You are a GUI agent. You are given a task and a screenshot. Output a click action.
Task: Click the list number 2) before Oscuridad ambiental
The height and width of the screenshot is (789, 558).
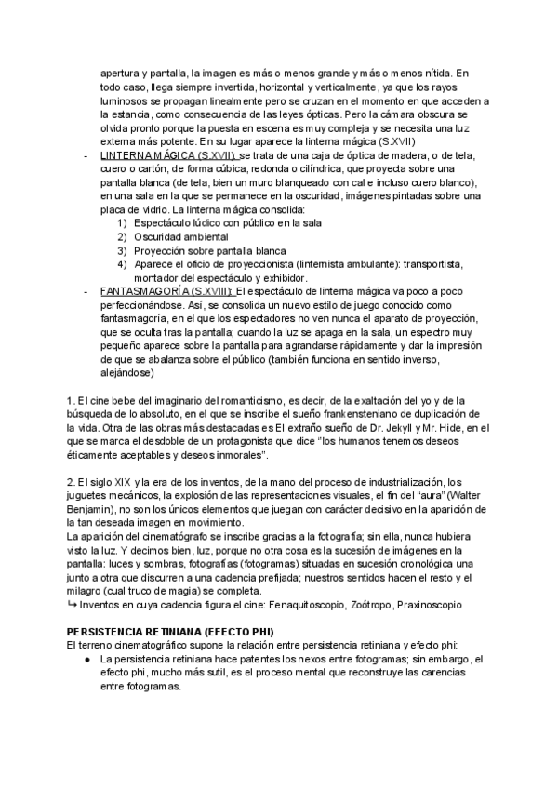[122, 237]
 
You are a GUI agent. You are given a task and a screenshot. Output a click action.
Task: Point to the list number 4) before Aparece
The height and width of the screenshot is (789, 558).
[122, 264]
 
